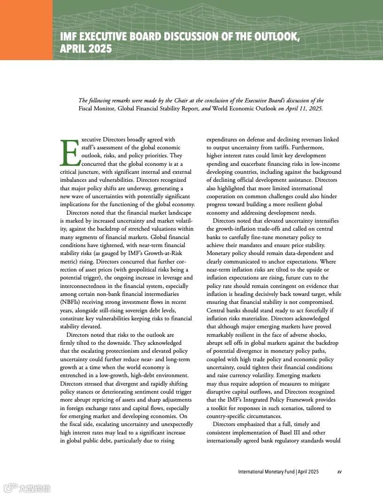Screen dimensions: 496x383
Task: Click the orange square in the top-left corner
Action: tap(26, 30)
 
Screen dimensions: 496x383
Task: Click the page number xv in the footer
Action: tap(339, 472)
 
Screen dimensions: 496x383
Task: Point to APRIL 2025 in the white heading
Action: tap(86, 48)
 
